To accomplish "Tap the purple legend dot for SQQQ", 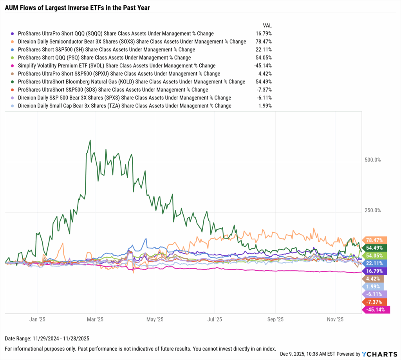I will tap(14, 34).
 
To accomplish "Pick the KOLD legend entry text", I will tap(132, 82).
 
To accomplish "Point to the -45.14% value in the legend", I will tap(262, 66).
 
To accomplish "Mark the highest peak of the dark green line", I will tap(90, 140).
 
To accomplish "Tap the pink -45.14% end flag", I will tap(376, 310).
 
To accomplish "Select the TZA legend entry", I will tap(125, 106).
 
